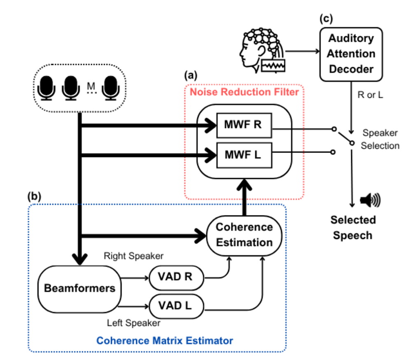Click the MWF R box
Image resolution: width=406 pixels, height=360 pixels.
click(x=243, y=125)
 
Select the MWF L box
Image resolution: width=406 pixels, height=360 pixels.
click(x=243, y=155)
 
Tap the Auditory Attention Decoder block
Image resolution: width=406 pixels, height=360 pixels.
click(x=351, y=54)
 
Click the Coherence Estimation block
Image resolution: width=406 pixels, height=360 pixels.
click(x=245, y=234)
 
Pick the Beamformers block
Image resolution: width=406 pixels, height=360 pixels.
click(x=79, y=288)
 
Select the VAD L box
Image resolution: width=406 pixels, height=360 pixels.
click(x=176, y=306)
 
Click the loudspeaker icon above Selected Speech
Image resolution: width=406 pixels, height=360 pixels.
click(x=370, y=200)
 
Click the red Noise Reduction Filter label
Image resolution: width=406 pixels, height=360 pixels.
click(x=244, y=91)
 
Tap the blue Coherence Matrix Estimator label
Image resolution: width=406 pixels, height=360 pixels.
click(x=164, y=341)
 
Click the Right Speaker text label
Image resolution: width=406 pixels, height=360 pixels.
click(x=134, y=256)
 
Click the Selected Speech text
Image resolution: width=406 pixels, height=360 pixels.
click(x=352, y=227)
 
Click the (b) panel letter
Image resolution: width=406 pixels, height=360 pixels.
click(x=35, y=196)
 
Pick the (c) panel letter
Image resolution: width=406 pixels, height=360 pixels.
click(x=326, y=18)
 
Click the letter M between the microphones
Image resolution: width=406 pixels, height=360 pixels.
click(x=91, y=86)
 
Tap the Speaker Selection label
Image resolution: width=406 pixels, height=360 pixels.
click(x=380, y=139)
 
